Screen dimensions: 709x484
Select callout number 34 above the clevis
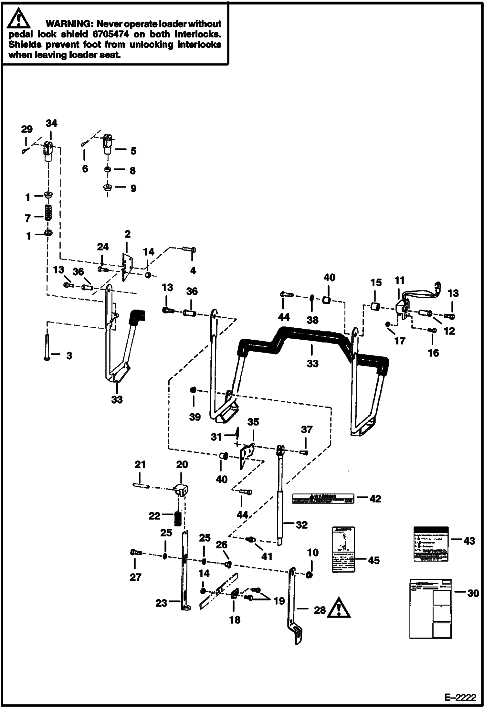pyautogui.click(x=51, y=123)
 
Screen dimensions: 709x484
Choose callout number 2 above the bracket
pyautogui.click(x=127, y=234)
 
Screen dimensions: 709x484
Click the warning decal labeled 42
pyautogui.click(x=322, y=498)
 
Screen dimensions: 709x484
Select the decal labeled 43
pyautogui.click(x=431, y=544)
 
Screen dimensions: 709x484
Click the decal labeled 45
pyautogui.click(x=344, y=550)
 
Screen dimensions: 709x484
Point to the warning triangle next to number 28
pyautogui.click(x=339, y=607)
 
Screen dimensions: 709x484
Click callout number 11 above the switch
pyautogui.click(x=399, y=280)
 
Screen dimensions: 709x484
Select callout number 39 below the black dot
pyautogui.click(x=195, y=417)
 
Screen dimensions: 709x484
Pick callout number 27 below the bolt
pyautogui.click(x=135, y=577)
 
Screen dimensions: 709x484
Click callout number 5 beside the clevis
pyautogui.click(x=133, y=151)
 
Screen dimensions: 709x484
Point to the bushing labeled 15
pyautogui.click(x=375, y=305)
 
